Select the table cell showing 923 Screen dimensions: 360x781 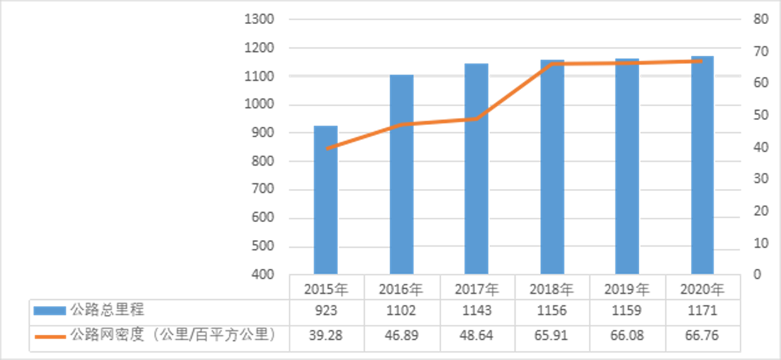click(326, 311)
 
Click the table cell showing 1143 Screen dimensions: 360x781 click(477, 311)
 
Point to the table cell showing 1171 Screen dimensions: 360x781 click(702, 311)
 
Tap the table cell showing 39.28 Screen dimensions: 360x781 click(326, 335)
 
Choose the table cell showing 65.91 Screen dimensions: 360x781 click(552, 335)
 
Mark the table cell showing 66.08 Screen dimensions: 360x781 click(627, 335)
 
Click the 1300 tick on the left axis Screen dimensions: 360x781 click(259, 19)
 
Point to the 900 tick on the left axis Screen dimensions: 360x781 click(262, 133)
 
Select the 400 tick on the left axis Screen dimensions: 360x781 click(262, 274)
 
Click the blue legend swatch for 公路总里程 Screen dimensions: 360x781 click(49, 311)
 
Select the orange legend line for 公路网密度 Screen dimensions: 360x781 click(49, 336)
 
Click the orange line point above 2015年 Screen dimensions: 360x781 click(326, 149)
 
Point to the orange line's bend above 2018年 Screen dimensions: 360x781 click(552, 64)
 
